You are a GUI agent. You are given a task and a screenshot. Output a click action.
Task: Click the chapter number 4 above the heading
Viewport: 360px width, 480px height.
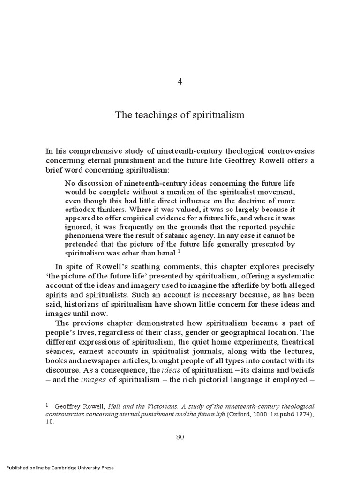click(180, 81)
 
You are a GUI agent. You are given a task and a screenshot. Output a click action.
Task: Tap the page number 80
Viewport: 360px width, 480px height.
click(180, 437)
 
